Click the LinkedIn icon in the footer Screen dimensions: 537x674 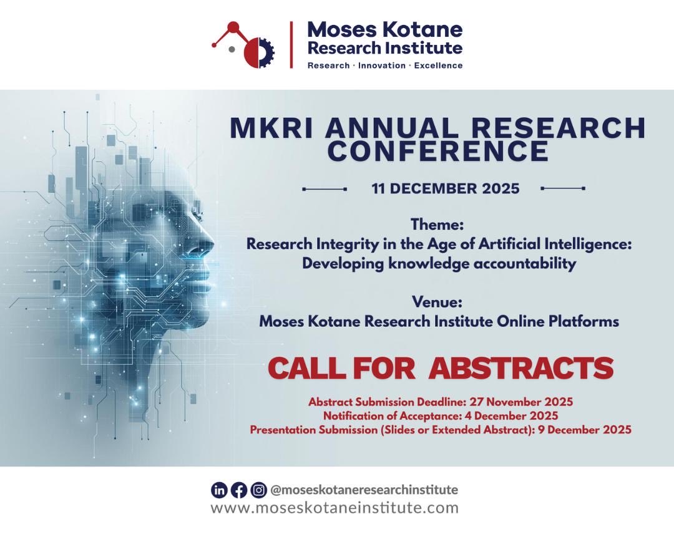[219, 490]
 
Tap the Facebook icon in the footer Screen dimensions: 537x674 [239, 490]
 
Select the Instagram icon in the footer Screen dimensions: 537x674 [258, 490]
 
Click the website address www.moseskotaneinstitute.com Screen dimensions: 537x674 [335, 508]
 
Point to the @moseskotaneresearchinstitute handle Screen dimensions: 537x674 [364, 490]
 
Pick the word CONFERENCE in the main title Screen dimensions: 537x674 [438, 150]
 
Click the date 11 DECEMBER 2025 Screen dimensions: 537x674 [445, 188]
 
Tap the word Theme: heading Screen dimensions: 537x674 [437, 224]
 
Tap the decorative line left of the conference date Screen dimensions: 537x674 [325, 188]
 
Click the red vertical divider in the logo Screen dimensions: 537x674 [291, 44]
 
